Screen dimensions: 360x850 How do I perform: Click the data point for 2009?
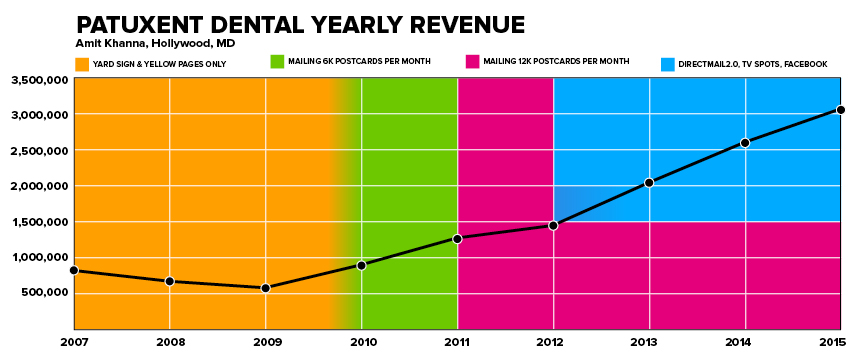[266, 288]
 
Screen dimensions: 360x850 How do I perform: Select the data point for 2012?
[553, 225]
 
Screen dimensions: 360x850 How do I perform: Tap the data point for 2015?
[841, 110]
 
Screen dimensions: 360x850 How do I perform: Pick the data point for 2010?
[362, 265]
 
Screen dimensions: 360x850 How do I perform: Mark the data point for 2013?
[649, 182]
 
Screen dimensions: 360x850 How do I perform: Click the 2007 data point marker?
[74, 270]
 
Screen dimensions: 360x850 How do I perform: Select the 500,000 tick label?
[41, 293]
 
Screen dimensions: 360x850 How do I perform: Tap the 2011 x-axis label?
[457, 342]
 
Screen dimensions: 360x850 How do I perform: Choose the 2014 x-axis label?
[745, 342]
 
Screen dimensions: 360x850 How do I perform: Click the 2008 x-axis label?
[170, 342]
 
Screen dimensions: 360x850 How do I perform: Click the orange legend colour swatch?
[82, 64]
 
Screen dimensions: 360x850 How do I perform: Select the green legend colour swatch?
[278, 63]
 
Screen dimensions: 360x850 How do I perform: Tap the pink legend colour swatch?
[473, 63]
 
